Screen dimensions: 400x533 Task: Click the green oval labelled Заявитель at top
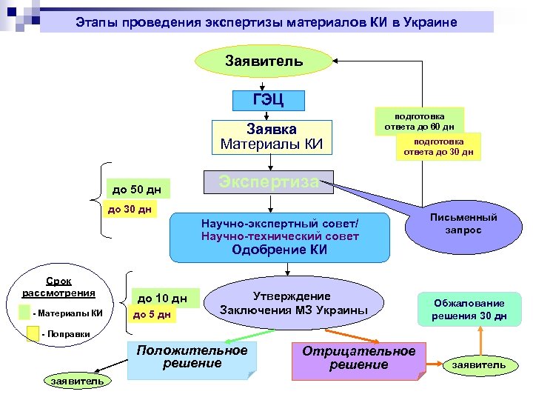coord(264,61)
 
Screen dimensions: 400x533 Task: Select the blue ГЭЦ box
coord(267,99)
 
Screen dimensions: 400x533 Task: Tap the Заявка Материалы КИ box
coord(272,136)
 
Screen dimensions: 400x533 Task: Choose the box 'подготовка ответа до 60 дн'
coord(419,121)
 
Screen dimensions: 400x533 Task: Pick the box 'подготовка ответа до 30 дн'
coord(438,147)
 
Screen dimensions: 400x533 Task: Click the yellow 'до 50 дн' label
coord(135,190)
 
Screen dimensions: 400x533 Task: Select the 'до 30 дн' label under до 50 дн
coord(130,210)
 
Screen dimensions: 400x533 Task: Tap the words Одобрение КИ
coord(279,250)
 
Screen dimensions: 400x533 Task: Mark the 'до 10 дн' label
coord(162,299)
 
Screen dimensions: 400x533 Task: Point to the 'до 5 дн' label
coord(152,316)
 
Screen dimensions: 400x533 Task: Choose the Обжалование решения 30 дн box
coord(469,310)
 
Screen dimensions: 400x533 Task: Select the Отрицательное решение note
coord(359,358)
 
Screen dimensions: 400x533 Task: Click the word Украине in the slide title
coord(432,22)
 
